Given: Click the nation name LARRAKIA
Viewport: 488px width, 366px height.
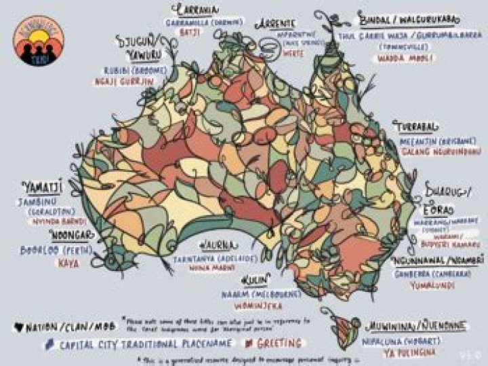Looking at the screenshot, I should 196,10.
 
